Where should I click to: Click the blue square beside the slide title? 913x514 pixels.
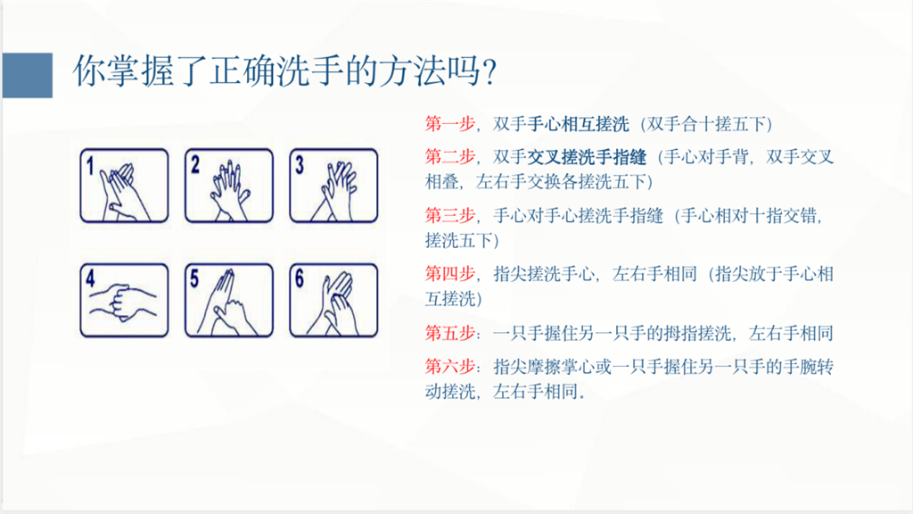tap(28, 75)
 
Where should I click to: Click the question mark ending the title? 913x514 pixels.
tap(489, 72)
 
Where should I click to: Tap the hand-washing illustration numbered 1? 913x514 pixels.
tap(124, 186)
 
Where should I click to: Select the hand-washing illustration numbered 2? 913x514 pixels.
tap(229, 186)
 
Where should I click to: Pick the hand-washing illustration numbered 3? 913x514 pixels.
tap(333, 186)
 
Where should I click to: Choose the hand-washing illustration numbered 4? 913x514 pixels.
tap(124, 300)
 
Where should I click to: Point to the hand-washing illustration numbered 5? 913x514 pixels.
tap(229, 300)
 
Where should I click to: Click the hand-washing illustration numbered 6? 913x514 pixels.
tap(333, 300)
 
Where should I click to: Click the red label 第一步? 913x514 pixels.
tap(450, 123)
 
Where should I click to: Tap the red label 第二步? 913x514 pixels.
tap(450, 157)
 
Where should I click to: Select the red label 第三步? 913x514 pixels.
tap(450, 216)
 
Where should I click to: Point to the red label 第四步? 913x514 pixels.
tap(450, 273)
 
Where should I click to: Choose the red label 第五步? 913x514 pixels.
tap(450, 333)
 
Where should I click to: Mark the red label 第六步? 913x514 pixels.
tap(450, 366)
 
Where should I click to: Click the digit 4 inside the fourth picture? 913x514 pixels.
tap(90, 278)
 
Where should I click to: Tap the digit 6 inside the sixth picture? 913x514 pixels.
tap(300, 278)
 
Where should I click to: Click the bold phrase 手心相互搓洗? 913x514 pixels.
tap(578, 123)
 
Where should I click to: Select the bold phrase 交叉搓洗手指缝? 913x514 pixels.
tap(587, 157)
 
